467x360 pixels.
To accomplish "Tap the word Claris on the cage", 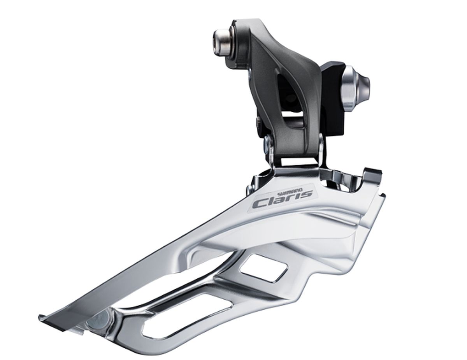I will (x=283, y=200).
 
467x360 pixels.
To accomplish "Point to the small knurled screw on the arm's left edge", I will (x=258, y=123).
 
